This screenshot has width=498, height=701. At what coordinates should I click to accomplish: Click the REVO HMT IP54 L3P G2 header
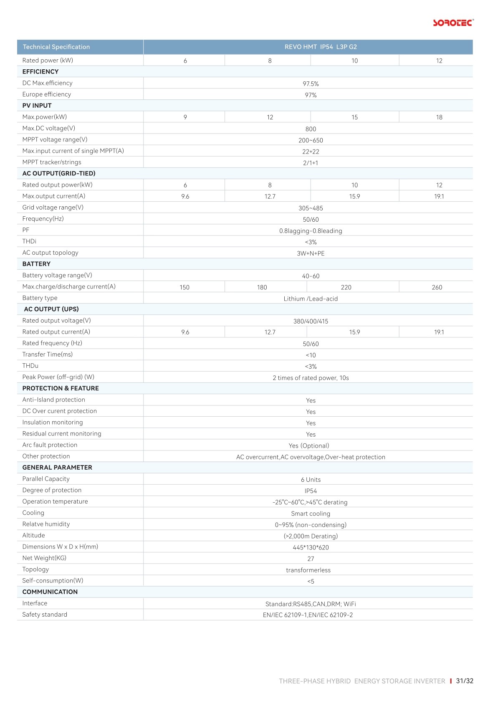320,47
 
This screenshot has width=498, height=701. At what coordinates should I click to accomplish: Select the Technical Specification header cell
56,47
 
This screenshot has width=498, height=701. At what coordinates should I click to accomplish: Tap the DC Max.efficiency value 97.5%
311,84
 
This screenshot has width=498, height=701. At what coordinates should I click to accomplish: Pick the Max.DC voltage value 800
311,129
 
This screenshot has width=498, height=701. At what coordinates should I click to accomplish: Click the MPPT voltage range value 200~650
311,140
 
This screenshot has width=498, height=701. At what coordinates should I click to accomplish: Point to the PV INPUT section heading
37,106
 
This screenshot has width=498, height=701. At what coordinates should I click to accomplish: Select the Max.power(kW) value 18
439,117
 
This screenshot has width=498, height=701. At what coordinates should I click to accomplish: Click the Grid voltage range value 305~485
311,208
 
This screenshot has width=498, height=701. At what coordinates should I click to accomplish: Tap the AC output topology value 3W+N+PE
311,253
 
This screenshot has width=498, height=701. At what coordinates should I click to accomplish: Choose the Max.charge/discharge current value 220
346,287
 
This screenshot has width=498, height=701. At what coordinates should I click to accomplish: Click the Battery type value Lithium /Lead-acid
311,299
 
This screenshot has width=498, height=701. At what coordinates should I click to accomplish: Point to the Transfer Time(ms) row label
48,354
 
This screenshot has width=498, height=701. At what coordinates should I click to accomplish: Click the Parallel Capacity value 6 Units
311,480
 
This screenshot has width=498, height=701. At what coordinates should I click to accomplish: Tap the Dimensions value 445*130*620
311,547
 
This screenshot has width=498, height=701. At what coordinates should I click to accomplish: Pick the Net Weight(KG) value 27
311,559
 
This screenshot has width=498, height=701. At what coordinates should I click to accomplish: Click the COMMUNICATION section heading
50,592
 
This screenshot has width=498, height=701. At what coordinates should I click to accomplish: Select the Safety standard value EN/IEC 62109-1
285,615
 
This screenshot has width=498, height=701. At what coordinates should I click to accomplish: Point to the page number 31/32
465,681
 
